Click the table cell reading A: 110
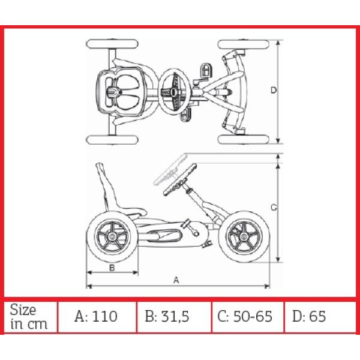(x=97, y=317)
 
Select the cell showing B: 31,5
(x=174, y=317)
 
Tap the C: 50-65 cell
(x=247, y=317)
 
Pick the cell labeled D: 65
(x=320, y=317)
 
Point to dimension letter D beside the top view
(x=274, y=90)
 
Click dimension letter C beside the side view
(x=274, y=208)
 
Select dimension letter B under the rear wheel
(x=112, y=268)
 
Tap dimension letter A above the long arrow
(x=176, y=280)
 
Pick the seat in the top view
(x=121, y=92)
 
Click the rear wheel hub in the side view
(x=112, y=237)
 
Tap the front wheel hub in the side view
(x=244, y=237)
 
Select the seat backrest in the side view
(x=106, y=186)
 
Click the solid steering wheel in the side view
(x=180, y=180)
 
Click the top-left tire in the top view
(x=112, y=44)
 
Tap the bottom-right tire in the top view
(x=244, y=139)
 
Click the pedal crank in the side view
(x=190, y=228)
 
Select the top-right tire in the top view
(x=244, y=44)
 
